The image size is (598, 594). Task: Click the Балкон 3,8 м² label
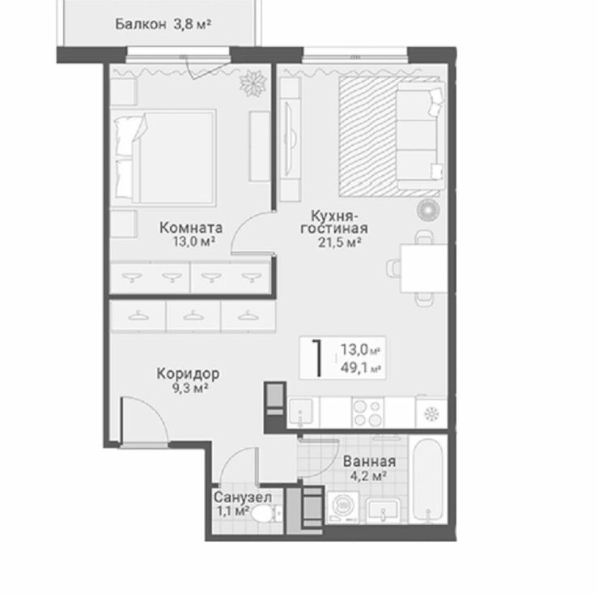click(x=163, y=24)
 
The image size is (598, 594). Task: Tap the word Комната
click(x=191, y=228)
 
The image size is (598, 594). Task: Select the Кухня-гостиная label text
click(x=334, y=222)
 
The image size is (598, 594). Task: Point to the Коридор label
click(x=188, y=374)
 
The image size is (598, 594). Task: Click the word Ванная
click(x=369, y=461)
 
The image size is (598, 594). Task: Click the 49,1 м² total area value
click(x=361, y=368)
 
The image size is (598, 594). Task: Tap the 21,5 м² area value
click(x=340, y=242)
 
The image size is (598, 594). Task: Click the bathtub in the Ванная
click(x=428, y=481)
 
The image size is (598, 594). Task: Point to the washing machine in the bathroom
click(x=343, y=507)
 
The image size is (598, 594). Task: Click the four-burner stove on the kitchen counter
click(x=367, y=413)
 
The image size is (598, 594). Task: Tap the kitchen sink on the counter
click(x=301, y=413)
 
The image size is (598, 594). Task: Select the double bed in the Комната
click(x=164, y=157)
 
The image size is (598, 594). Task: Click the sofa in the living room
click(x=421, y=135)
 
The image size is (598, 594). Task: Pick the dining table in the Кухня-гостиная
click(x=423, y=268)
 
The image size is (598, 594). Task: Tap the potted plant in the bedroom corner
click(x=252, y=83)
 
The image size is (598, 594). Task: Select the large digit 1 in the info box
click(x=316, y=358)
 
